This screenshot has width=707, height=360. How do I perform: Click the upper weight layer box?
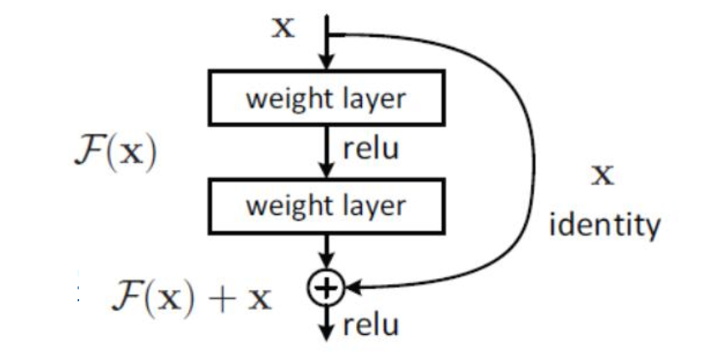point(325,98)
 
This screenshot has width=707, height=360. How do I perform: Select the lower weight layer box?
point(325,205)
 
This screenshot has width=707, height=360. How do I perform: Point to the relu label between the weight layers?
point(370,150)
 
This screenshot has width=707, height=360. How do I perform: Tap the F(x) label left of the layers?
point(114,155)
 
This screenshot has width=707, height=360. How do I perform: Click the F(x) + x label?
point(192,297)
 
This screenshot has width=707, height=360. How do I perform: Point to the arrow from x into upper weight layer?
point(327,52)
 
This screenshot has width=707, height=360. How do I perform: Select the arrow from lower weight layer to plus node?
point(327,251)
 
